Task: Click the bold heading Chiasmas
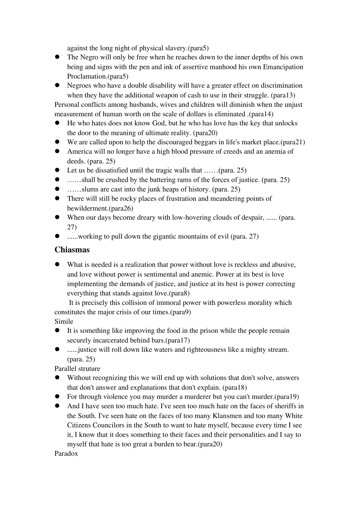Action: (x=72, y=250)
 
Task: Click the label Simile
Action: (x=64, y=322)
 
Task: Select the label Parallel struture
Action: (x=77, y=368)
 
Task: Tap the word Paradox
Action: (x=66, y=454)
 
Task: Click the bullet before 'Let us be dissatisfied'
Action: (x=58, y=170)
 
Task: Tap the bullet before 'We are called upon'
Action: (x=58, y=142)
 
